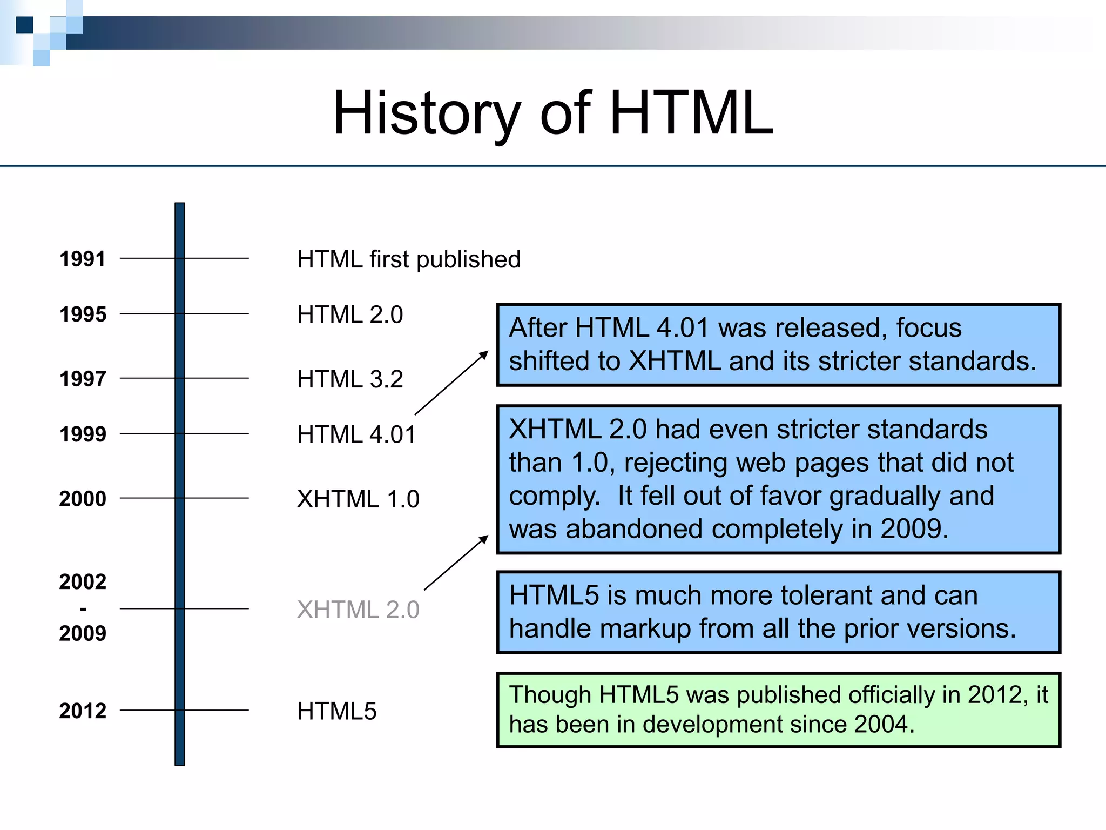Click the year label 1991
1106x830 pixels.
pos(83,259)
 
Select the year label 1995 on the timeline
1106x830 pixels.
pos(83,314)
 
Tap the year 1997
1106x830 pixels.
pos(83,379)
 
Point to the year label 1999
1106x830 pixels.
pos(83,434)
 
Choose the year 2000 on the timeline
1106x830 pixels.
pos(83,498)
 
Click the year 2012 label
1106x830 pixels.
pos(83,711)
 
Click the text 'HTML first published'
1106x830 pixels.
pos(408,259)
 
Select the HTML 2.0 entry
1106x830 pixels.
pos(350,314)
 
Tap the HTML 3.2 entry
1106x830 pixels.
pos(350,379)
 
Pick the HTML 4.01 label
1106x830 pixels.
pos(356,434)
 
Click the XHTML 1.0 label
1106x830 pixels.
pos(358,499)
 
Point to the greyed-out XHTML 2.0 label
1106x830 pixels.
pos(358,610)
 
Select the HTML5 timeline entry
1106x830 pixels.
pos(336,711)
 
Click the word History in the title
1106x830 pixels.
pos(426,113)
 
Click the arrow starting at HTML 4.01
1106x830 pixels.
pos(451,383)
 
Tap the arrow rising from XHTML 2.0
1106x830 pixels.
pos(456,563)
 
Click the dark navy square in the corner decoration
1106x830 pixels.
pos(24,25)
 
